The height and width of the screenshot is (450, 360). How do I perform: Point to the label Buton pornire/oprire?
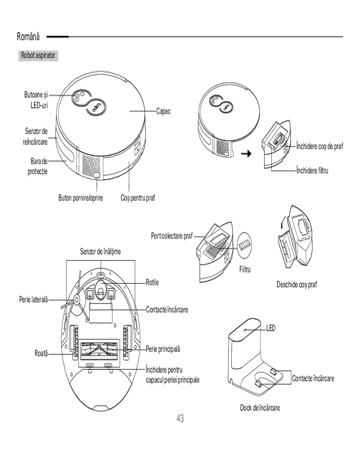click(x=81, y=198)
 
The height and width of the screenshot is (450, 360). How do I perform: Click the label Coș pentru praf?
click(x=138, y=198)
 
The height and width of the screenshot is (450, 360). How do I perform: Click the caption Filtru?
click(x=244, y=270)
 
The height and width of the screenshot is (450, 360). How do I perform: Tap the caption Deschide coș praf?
click(x=297, y=285)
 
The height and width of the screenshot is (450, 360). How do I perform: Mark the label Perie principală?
click(x=163, y=349)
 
